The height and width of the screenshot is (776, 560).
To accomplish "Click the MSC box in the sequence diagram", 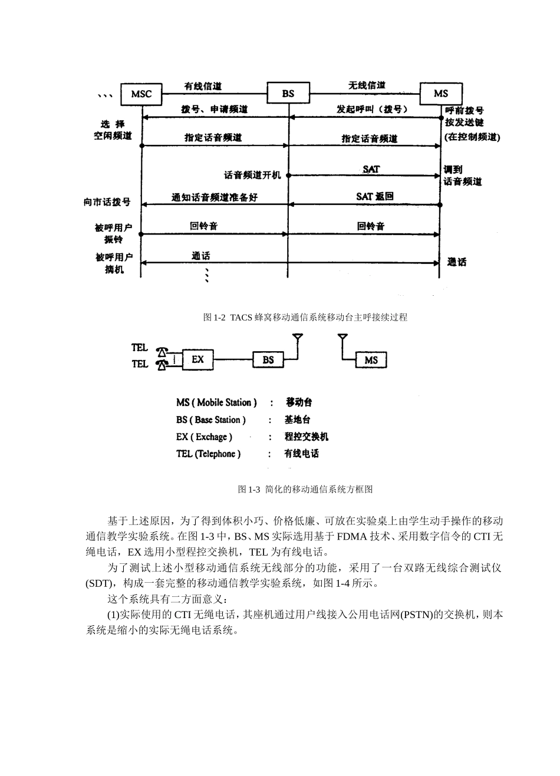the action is (141, 94).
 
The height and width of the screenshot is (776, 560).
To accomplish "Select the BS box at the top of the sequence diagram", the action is (288, 94).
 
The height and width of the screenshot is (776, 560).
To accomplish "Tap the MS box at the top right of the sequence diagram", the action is (440, 94).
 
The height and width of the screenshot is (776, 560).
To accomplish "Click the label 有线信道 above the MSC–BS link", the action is (203, 86).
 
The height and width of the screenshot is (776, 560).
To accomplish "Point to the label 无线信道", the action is (367, 85).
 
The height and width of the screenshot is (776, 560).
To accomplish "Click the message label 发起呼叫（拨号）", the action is (372, 110).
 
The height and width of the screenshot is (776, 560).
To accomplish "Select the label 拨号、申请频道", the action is (214, 110).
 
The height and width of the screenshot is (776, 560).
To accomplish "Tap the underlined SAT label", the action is (371, 169).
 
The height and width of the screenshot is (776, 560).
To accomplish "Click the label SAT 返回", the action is (374, 196).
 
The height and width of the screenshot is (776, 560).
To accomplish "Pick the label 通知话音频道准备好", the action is (215, 197).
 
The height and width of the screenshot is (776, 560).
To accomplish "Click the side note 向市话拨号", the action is (107, 202).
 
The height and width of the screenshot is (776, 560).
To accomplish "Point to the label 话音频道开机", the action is (252, 175).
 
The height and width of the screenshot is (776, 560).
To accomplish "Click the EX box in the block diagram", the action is (197, 359).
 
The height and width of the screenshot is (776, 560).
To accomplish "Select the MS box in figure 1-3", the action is (371, 360).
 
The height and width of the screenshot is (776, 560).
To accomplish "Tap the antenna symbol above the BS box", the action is (298, 339).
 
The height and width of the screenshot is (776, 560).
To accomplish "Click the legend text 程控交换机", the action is (306, 437).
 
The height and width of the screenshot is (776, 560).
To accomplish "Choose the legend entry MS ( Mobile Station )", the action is (216, 402).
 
